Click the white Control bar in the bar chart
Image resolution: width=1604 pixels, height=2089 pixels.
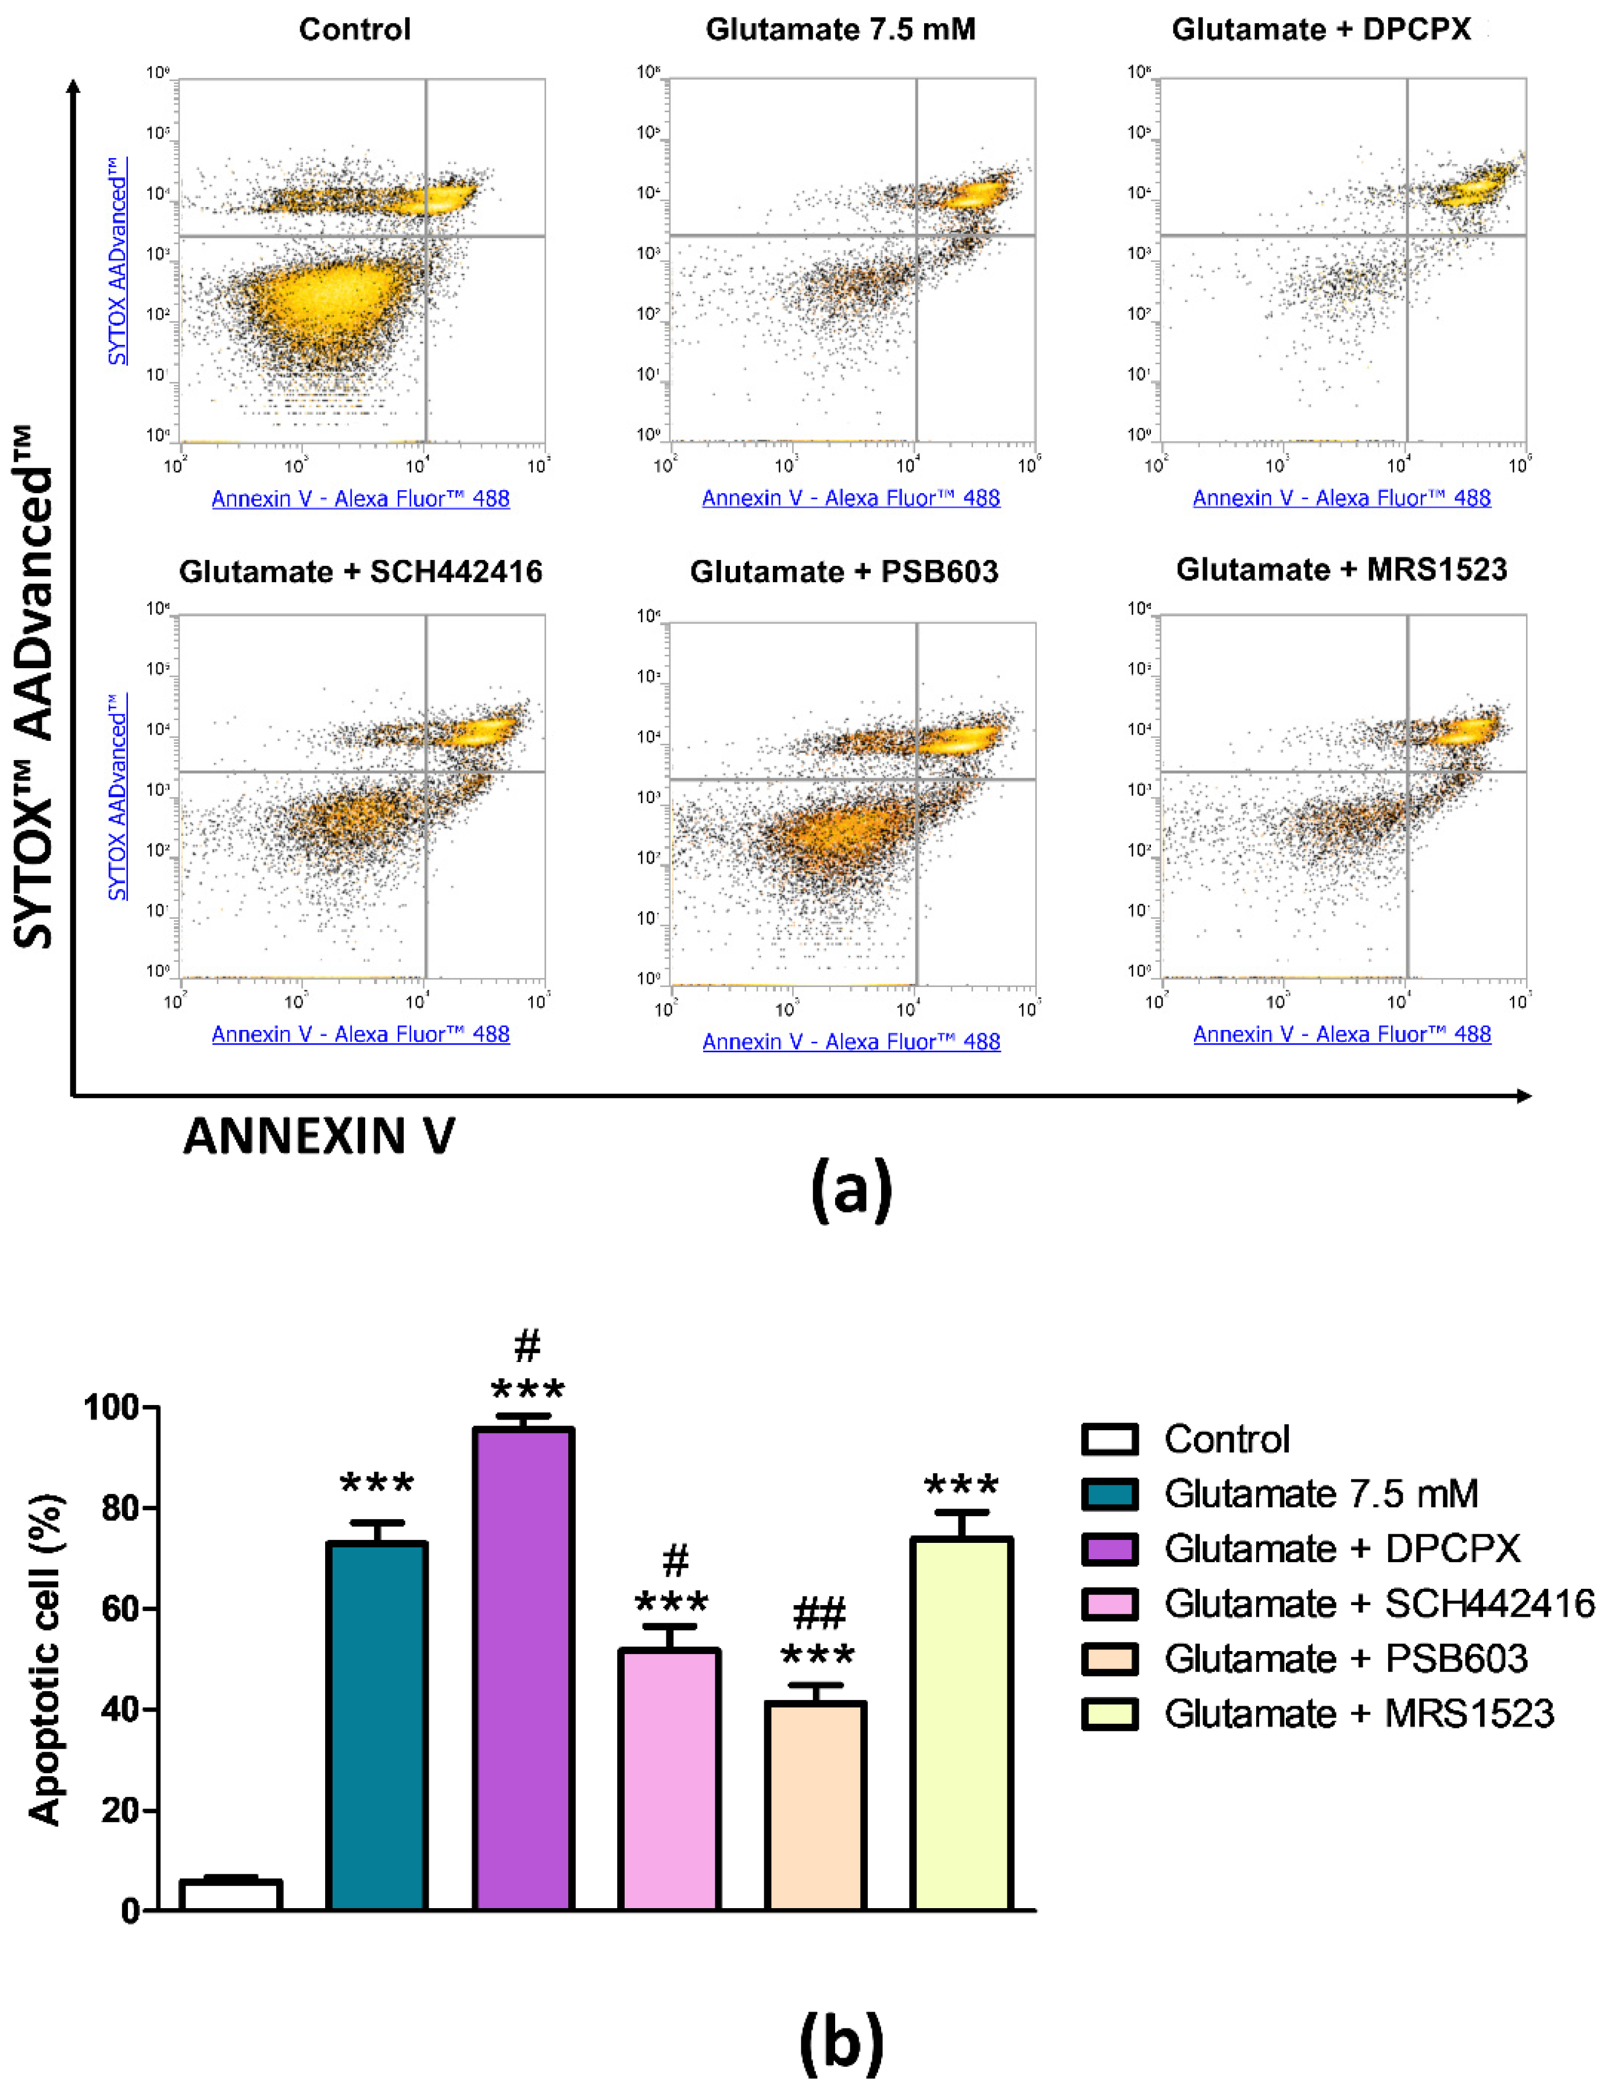coord(230,1895)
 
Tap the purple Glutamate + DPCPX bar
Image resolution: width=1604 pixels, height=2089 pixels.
coord(523,1671)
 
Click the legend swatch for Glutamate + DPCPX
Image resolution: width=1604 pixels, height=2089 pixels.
coord(1110,1549)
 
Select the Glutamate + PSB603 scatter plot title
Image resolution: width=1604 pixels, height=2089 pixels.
coord(844,572)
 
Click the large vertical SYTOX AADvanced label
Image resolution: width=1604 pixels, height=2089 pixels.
coord(34,687)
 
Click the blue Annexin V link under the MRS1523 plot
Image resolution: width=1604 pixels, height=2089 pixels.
coord(1342,1034)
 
